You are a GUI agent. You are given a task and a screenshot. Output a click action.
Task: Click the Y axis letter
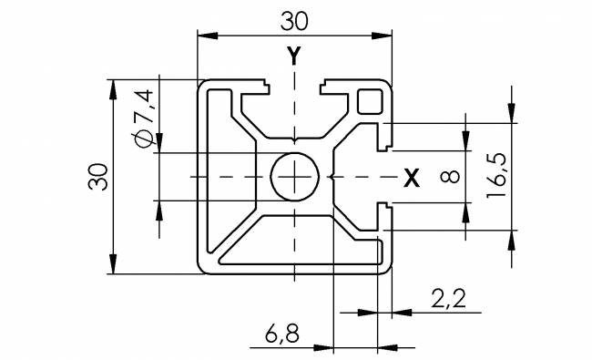[x=293, y=57]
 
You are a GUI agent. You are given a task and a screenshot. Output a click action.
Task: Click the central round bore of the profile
[x=294, y=175]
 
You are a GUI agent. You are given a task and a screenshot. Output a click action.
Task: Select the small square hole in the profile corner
[x=371, y=100]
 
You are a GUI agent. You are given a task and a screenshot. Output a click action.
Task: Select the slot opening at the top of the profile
[x=294, y=87]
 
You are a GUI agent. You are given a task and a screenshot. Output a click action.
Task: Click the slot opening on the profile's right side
[x=387, y=175]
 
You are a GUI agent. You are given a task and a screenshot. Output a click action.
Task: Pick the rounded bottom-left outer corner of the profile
[x=204, y=267]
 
